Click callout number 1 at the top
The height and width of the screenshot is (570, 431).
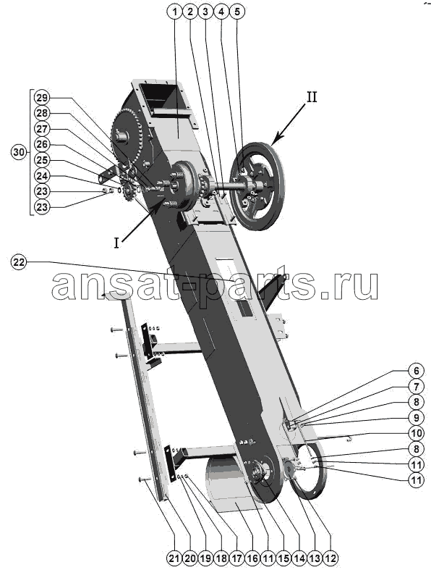tap(174, 12)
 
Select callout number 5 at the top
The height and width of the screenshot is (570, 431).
tap(236, 12)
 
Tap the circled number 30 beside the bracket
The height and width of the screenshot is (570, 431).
tap(19, 152)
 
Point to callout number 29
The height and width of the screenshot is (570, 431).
tap(42, 98)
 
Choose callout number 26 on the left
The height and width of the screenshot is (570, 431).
tap(42, 144)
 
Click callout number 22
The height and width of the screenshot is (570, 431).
tap(19, 261)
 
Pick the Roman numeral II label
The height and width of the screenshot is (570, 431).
tap(312, 97)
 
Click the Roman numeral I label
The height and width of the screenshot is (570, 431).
tap(116, 243)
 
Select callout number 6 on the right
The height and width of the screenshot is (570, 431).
tap(416, 370)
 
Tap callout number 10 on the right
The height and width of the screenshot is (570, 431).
tap(416, 433)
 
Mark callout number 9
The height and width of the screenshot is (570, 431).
tap(416, 417)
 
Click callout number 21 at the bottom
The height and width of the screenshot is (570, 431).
tap(174, 558)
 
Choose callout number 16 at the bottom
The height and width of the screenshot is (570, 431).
tap(252, 558)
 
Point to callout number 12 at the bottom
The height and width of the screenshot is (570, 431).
tap(330, 558)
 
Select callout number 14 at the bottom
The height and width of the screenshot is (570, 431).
tap(299, 558)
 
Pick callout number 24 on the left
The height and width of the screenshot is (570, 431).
tap(42, 175)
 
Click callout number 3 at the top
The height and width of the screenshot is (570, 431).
tap(205, 12)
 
